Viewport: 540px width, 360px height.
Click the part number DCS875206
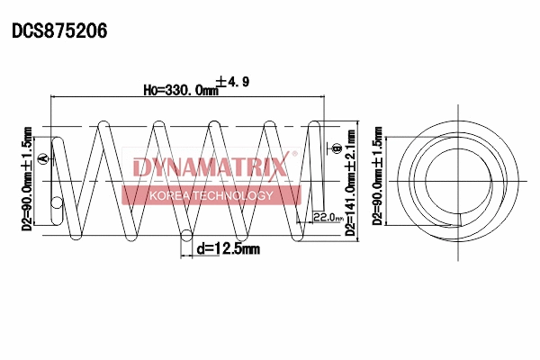pos(59,30)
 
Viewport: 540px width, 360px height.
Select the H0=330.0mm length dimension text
pos(180,90)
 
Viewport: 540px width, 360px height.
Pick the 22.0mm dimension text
pos(326,217)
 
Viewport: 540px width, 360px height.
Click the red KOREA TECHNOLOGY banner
pos(210,195)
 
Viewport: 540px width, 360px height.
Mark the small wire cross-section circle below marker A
pos(57,203)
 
